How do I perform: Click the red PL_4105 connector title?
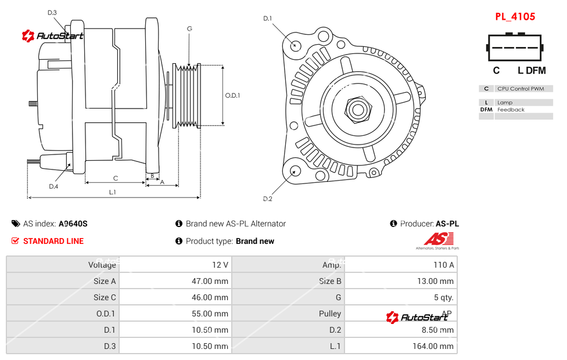click(x=515, y=17)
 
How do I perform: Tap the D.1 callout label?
click(x=267, y=19)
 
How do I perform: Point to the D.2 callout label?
click(x=267, y=199)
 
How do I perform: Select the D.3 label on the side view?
click(x=52, y=12)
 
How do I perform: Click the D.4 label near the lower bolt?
click(x=53, y=186)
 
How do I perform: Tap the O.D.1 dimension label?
click(x=232, y=95)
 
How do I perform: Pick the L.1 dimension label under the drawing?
click(x=113, y=192)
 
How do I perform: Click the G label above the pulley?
click(x=189, y=28)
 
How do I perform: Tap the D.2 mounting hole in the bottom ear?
click(x=295, y=171)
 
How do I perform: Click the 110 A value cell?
click(x=443, y=265)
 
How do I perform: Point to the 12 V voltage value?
click(x=220, y=265)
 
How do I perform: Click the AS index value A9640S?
click(x=73, y=224)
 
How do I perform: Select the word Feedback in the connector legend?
click(x=511, y=110)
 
